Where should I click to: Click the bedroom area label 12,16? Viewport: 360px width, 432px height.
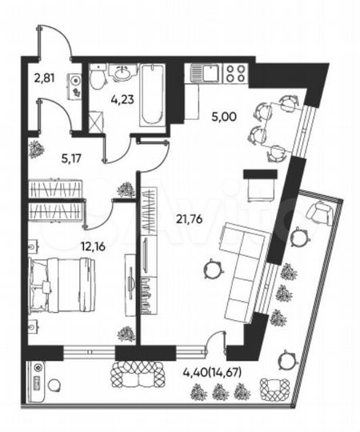pyautogui.click(x=67, y=245)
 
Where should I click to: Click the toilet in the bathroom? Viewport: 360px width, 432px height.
pyautogui.click(x=97, y=78)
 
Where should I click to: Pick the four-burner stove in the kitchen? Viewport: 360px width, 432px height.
pyautogui.click(x=236, y=74)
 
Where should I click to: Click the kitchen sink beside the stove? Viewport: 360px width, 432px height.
pyautogui.click(x=206, y=74)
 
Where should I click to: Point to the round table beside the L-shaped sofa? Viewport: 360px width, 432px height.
pyautogui.click(x=212, y=269)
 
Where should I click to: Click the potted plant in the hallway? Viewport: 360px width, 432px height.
pyautogui.click(x=37, y=149)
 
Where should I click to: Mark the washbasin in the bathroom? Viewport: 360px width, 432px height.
pyautogui.click(x=123, y=74)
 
